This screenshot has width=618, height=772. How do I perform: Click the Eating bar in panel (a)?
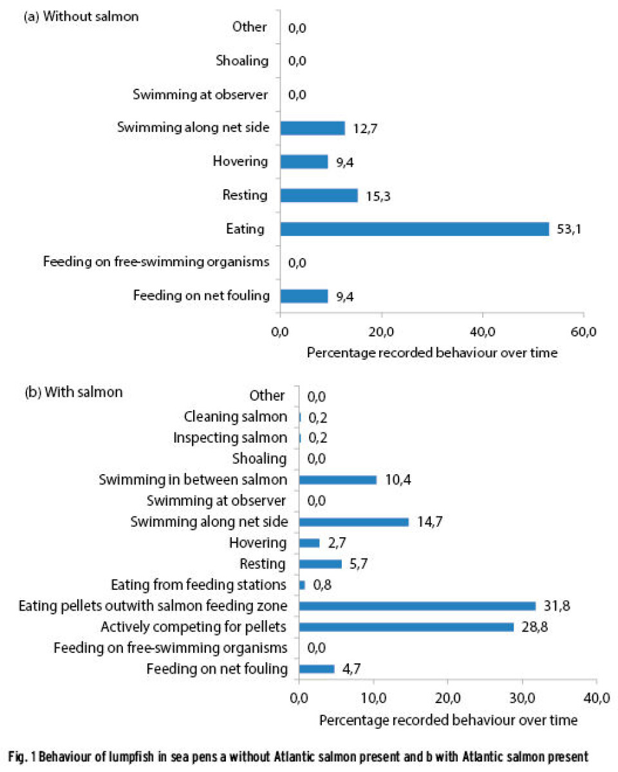pos(415,229)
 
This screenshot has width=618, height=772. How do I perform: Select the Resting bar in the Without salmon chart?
pos(319,195)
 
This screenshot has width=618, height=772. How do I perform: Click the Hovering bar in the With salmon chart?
pos(309,543)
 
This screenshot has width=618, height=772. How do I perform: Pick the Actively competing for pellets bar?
pos(406,627)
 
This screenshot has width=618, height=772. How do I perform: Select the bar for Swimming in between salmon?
pos(337,480)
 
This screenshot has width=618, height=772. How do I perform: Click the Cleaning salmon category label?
pos(235,417)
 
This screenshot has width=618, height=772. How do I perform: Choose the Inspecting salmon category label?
pos(230,438)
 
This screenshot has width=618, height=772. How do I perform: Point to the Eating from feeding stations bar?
pos(302,585)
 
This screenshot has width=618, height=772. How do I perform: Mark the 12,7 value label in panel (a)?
pos(364,129)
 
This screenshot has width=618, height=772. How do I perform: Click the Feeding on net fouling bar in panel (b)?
pos(317,668)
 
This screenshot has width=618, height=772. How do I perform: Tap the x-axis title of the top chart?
pos(432,353)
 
